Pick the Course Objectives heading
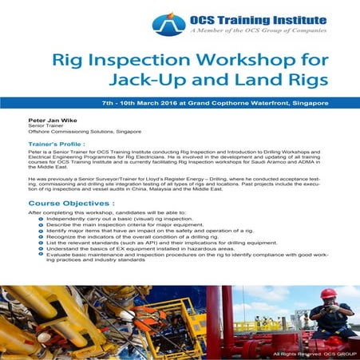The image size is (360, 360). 60,204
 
